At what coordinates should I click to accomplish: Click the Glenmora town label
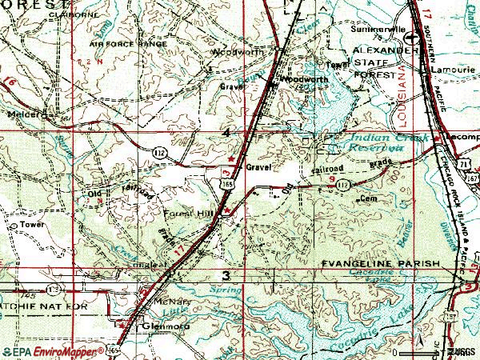click(x=157, y=326)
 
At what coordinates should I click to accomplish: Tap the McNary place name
click(x=150, y=302)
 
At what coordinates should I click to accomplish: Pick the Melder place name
click(x=23, y=114)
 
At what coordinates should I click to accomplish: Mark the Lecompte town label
click(x=462, y=138)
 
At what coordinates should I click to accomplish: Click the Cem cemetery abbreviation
click(x=368, y=197)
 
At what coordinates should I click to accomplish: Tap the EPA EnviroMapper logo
click(x=50, y=351)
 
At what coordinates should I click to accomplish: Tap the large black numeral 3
click(x=228, y=276)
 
